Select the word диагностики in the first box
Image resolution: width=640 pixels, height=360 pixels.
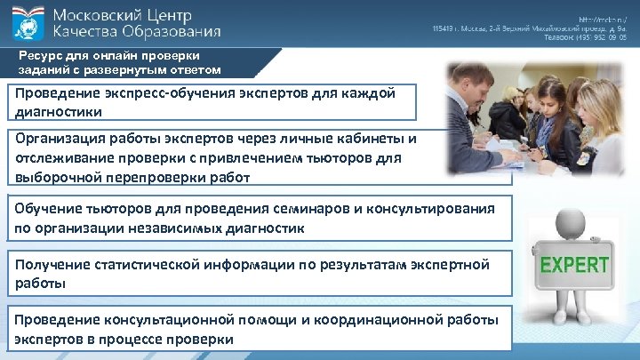pyautogui.click(x=58, y=112)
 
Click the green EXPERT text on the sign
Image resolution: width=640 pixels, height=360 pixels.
pyautogui.click(x=575, y=265)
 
